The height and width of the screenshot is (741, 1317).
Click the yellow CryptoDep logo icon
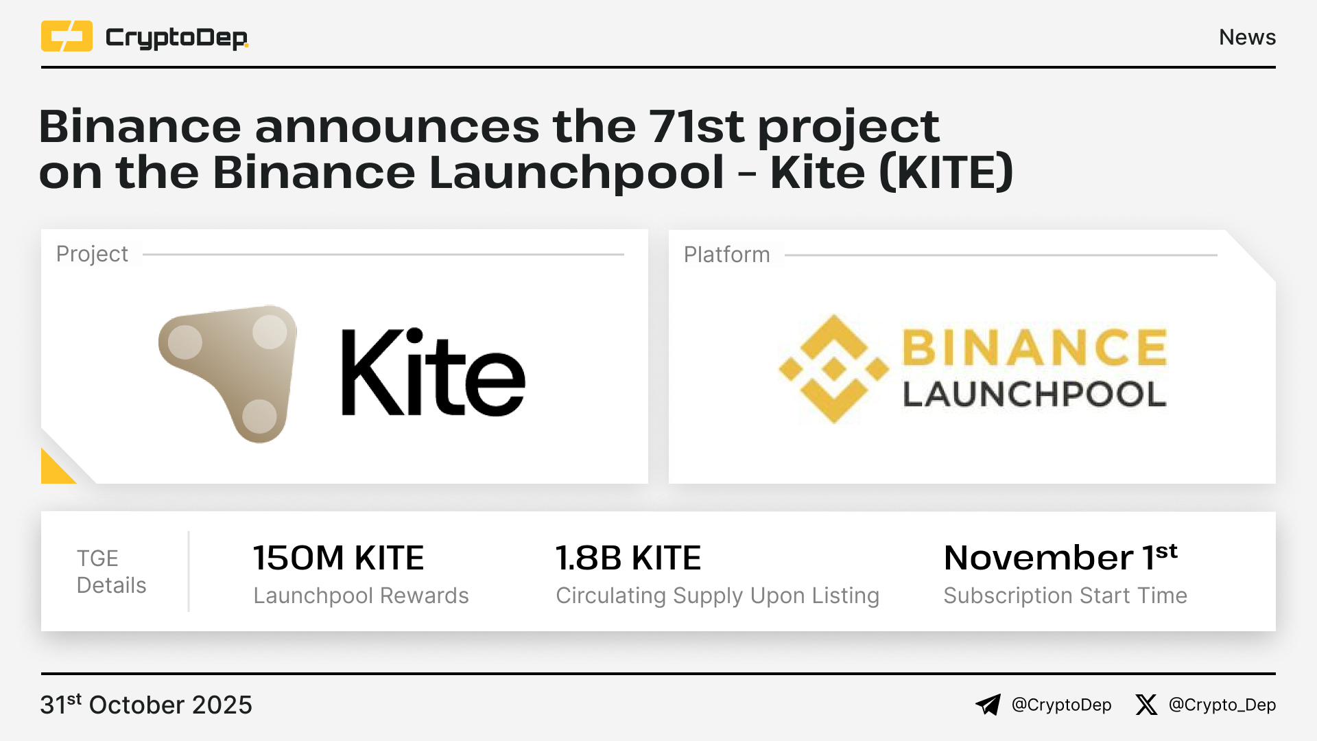(67, 36)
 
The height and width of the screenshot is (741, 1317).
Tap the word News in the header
(1247, 37)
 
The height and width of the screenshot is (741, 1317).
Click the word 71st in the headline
(696, 126)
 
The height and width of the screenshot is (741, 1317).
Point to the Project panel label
(92, 254)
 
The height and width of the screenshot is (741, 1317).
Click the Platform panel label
(726, 255)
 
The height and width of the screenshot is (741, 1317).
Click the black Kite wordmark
(434, 373)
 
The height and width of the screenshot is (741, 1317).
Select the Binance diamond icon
(833, 369)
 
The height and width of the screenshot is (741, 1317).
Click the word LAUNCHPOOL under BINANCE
(1034, 395)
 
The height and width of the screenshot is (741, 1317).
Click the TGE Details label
(111, 572)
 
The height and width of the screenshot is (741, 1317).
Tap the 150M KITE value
(339, 558)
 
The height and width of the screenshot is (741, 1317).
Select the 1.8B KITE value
(628, 558)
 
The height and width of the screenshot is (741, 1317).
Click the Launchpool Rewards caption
(361, 596)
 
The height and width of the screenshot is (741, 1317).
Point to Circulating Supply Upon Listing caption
(717, 596)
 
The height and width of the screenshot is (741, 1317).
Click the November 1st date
(1060, 557)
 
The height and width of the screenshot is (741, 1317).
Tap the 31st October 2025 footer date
(146, 705)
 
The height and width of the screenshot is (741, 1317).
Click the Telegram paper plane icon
(988, 705)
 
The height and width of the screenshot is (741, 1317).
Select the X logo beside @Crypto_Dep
(1146, 705)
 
